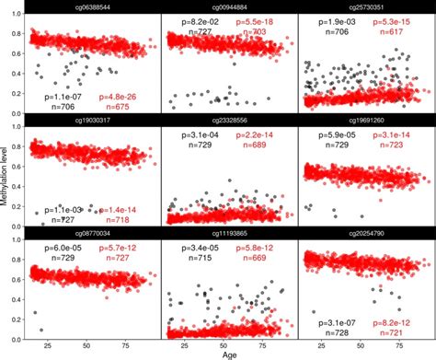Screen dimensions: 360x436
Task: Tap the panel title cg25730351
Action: click(365, 7)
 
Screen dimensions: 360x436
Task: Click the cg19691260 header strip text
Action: click(365, 120)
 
